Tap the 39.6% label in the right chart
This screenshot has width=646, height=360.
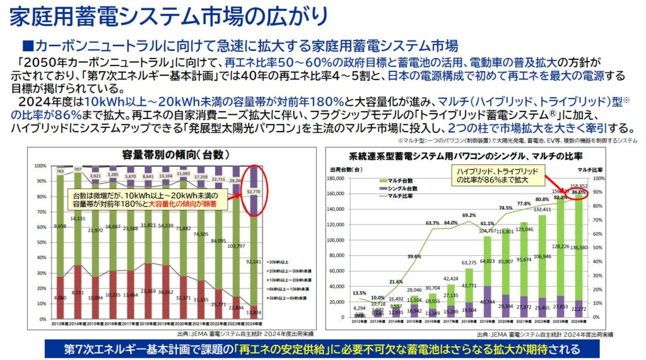(414, 257)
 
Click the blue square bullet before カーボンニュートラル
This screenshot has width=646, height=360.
(26, 46)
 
